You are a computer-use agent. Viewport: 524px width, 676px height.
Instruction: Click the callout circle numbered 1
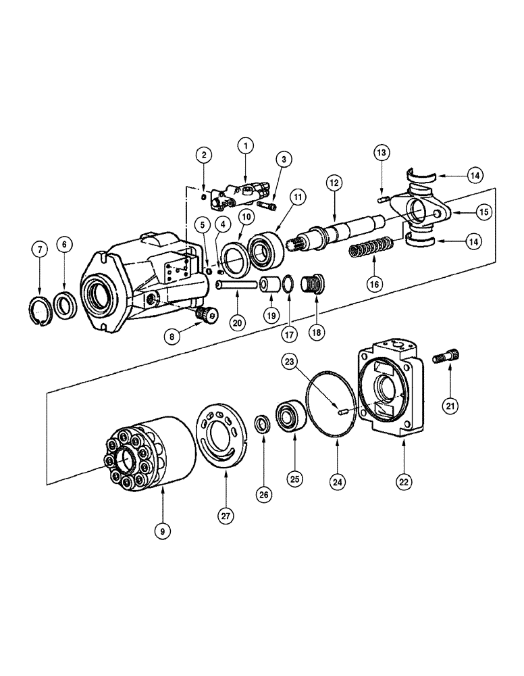pyautogui.click(x=246, y=145)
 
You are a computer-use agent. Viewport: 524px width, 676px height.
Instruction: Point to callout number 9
pyautogui.click(x=162, y=531)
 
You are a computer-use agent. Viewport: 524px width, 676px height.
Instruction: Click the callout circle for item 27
pyautogui.click(x=225, y=514)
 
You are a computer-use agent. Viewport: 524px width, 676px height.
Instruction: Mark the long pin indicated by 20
pyautogui.click(x=237, y=285)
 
